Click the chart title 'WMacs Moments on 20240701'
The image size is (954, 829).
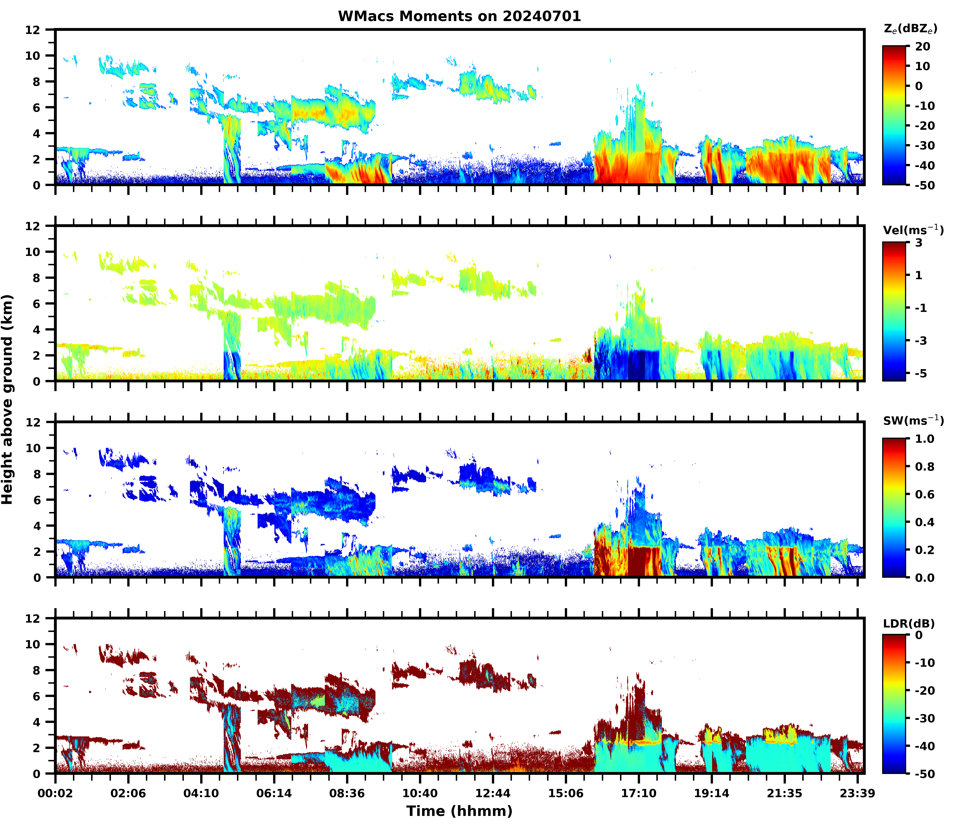(459, 16)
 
